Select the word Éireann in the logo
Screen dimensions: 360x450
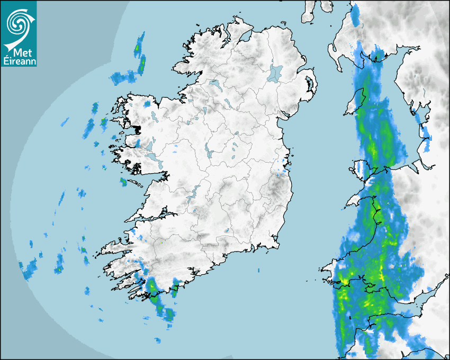(x=19, y=61)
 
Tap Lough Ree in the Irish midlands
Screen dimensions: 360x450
(x=209, y=153)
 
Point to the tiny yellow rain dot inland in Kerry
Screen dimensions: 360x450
(x=161, y=243)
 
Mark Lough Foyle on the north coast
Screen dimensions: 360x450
(x=245, y=38)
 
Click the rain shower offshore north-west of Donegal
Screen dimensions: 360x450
(x=140, y=53)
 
